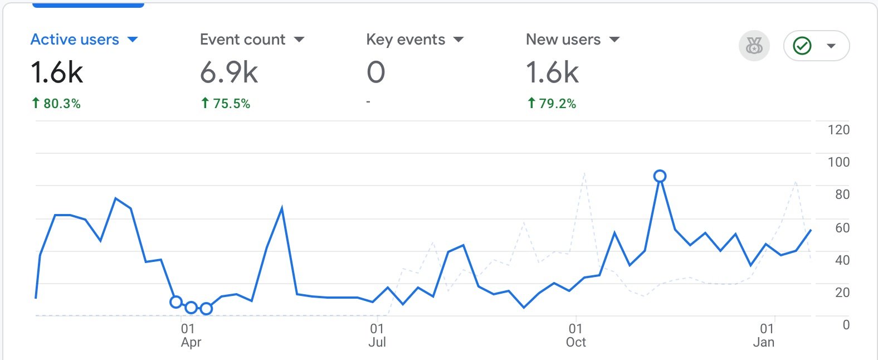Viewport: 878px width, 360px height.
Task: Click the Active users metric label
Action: (x=75, y=40)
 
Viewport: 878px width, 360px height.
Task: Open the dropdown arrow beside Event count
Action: (x=299, y=40)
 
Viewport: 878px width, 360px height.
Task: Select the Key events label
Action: (x=406, y=40)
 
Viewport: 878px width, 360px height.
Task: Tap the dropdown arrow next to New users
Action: (x=614, y=40)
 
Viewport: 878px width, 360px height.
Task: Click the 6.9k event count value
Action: (x=229, y=72)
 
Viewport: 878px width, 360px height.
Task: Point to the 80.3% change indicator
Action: (x=56, y=104)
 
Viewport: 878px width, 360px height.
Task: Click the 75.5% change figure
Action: (x=226, y=104)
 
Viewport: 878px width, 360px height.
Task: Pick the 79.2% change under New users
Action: (x=552, y=104)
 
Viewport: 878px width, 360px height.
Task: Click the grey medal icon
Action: (x=754, y=46)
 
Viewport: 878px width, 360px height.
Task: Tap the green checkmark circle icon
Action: (x=802, y=46)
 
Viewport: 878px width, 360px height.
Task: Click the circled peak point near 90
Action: (x=660, y=176)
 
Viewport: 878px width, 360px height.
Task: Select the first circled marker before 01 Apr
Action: (x=176, y=302)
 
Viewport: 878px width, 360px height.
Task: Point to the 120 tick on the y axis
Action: (x=838, y=130)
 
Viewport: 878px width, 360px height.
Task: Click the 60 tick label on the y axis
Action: (x=842, y=227)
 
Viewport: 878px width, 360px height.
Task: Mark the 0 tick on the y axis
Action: (x=846, y=325)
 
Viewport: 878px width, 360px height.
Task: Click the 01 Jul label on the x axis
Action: (x=377, y=335)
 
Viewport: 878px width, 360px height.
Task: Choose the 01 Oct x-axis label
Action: (x=575, y=335)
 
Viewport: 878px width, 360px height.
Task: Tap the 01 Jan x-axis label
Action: (x=764, y=335)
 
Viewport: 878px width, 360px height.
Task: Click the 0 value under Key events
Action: (x=376, y=72)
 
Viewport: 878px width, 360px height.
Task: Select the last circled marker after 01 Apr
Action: (x=206, y=308)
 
